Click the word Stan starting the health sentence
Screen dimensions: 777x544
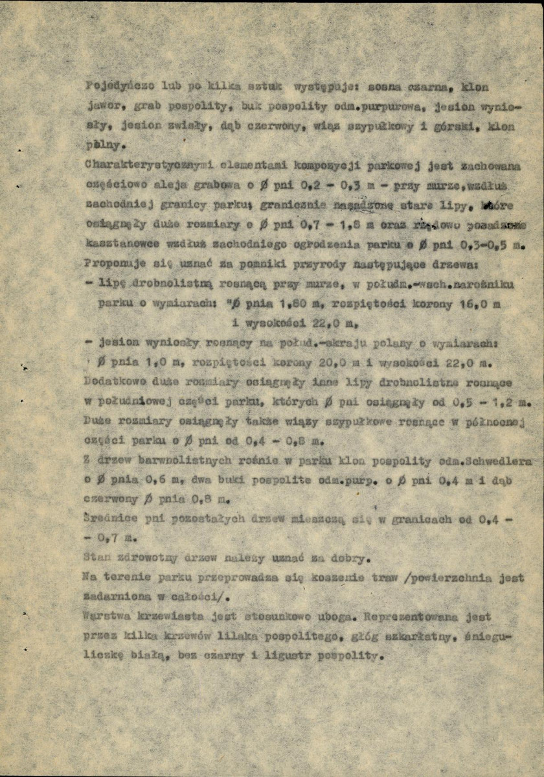(95, 556)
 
